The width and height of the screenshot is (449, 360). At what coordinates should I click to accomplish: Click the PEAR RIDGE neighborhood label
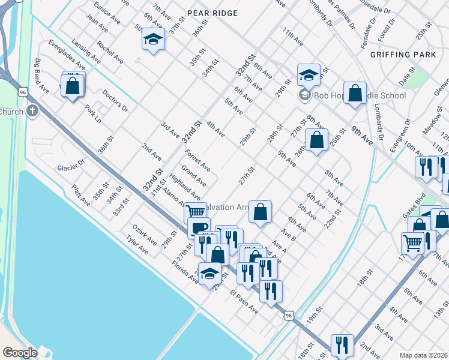coord(212,13)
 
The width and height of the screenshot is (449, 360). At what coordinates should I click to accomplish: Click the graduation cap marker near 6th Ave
coord(153,40)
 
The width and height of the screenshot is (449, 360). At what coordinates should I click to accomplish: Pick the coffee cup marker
coord(199,227)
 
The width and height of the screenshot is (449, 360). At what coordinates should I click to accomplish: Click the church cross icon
coord(32,111)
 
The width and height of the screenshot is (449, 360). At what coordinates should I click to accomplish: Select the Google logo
coord(20,352)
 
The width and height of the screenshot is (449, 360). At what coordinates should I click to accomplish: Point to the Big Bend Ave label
coord(41,76)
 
